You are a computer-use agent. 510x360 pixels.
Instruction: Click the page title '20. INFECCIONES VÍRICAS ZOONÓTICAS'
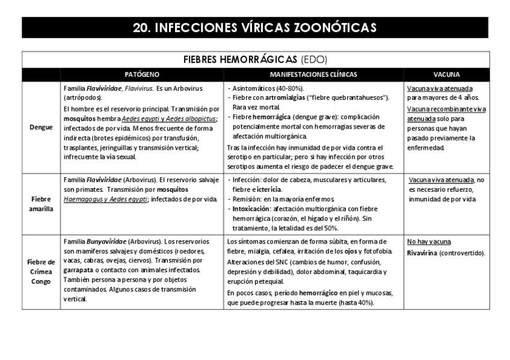[255, 28]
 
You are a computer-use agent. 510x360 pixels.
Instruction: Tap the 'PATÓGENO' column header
[142, 75]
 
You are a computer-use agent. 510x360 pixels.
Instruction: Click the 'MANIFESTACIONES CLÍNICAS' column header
[313, 75]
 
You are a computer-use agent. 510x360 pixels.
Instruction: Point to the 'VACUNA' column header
[446, 75]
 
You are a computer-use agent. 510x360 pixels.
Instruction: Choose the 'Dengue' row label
[41, 127]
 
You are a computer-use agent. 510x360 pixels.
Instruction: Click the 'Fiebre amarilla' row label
[41, 204]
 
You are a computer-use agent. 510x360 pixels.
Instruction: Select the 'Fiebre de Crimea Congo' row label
[41, 272]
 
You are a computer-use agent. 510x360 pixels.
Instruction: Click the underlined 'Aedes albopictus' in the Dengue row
[191, 118]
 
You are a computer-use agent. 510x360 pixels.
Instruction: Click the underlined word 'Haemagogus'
[83, 199]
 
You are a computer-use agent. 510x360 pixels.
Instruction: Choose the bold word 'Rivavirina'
[422, 252]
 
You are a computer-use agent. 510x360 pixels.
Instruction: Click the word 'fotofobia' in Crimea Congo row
[378, 251]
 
